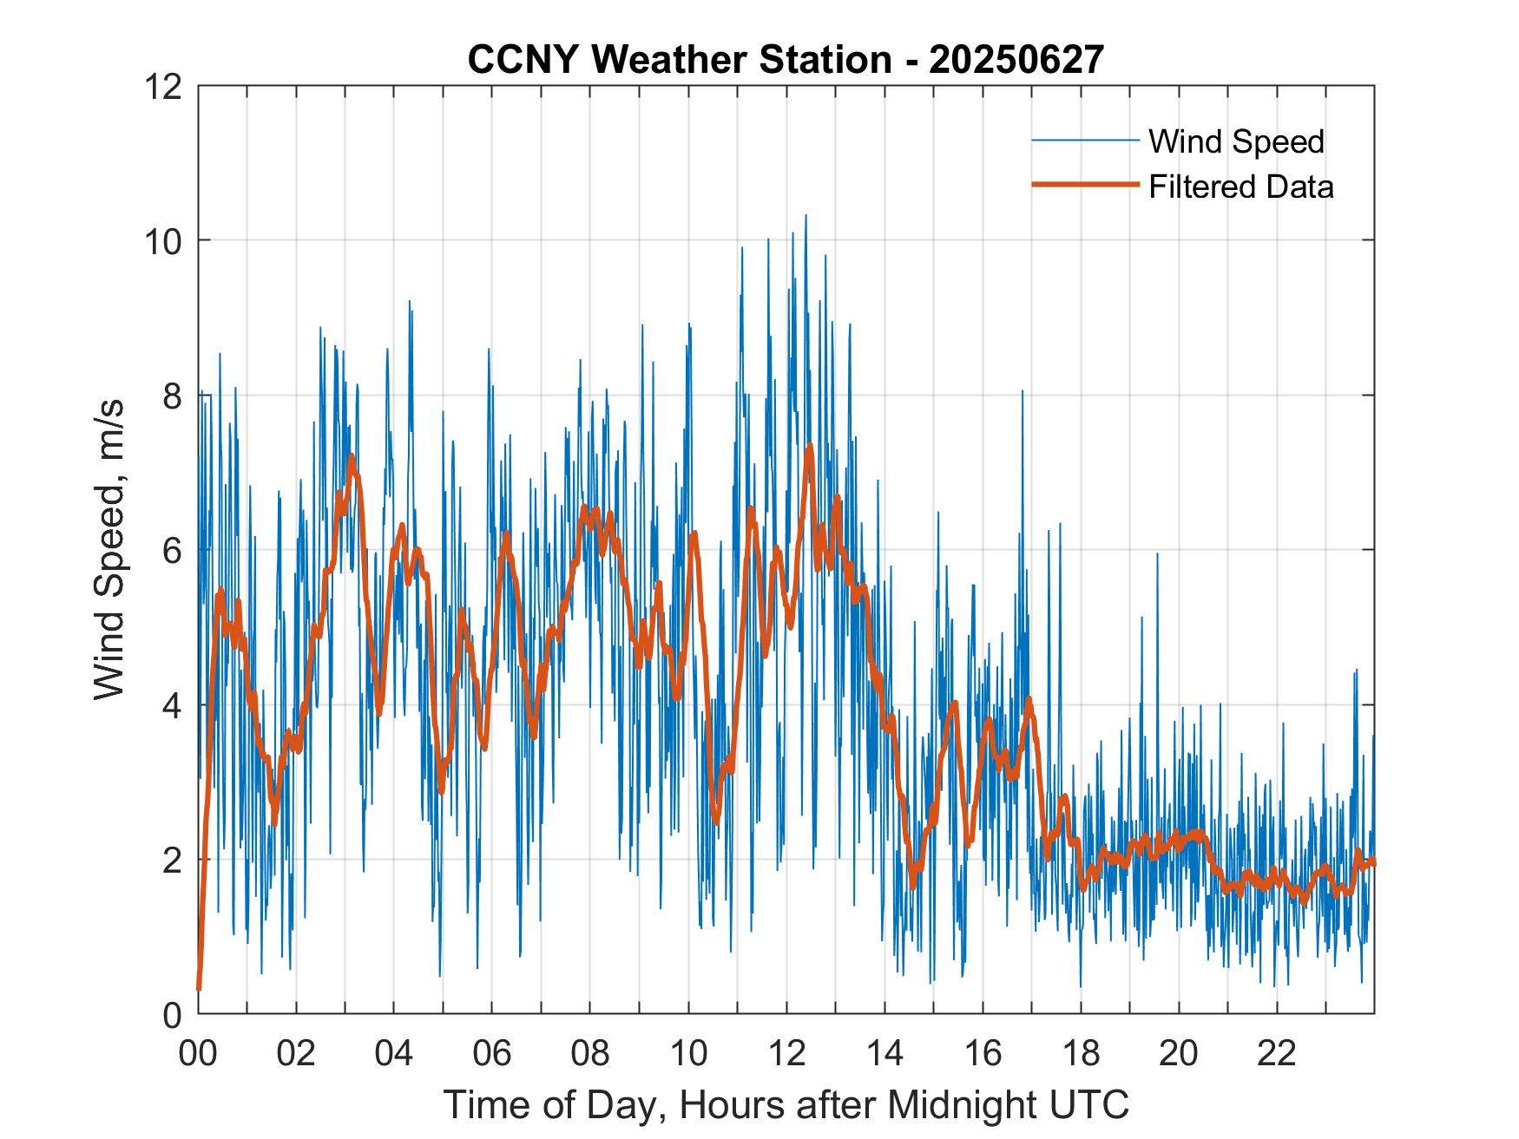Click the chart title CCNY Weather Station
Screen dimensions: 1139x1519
(x=679, y=59)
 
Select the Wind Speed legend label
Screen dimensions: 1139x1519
(x=1236, y=141)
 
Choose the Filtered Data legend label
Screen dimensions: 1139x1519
(x=1240, y=187)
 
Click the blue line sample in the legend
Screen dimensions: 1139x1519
(x=1084, y=141)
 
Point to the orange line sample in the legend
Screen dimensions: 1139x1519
(x=1084, y=185)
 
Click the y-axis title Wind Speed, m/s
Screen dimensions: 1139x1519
(x=110, y=550)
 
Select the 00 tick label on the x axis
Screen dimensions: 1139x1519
(x=198, y=1054)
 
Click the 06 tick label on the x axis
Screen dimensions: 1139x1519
(x=492, y=1054)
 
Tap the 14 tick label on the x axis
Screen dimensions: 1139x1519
(x=884, y=1054)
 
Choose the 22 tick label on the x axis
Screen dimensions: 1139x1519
(x=1277, y=1054)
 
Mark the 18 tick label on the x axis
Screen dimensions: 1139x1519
(x=1081, y=1054)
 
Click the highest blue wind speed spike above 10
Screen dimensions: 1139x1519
(x=806, y=217)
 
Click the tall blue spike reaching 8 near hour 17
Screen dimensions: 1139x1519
(x=1023, y=393)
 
